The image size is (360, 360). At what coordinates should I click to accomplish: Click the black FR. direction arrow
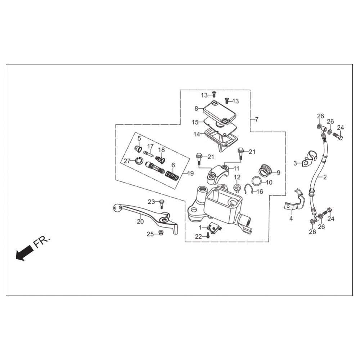(24, 252)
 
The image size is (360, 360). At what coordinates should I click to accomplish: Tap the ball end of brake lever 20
(117, 208)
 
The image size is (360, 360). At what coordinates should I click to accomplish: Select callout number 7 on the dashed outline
(257, 120)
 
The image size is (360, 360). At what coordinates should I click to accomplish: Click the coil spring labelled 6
(172, 175)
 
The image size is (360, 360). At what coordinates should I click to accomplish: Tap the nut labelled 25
(161, 233)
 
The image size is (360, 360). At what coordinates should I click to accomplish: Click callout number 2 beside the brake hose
(325, 177)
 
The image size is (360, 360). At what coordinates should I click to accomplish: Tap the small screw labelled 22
(208, 235)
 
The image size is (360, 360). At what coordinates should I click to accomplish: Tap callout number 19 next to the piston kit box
(190, 174)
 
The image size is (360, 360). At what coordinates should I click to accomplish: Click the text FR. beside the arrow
(41, 242)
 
